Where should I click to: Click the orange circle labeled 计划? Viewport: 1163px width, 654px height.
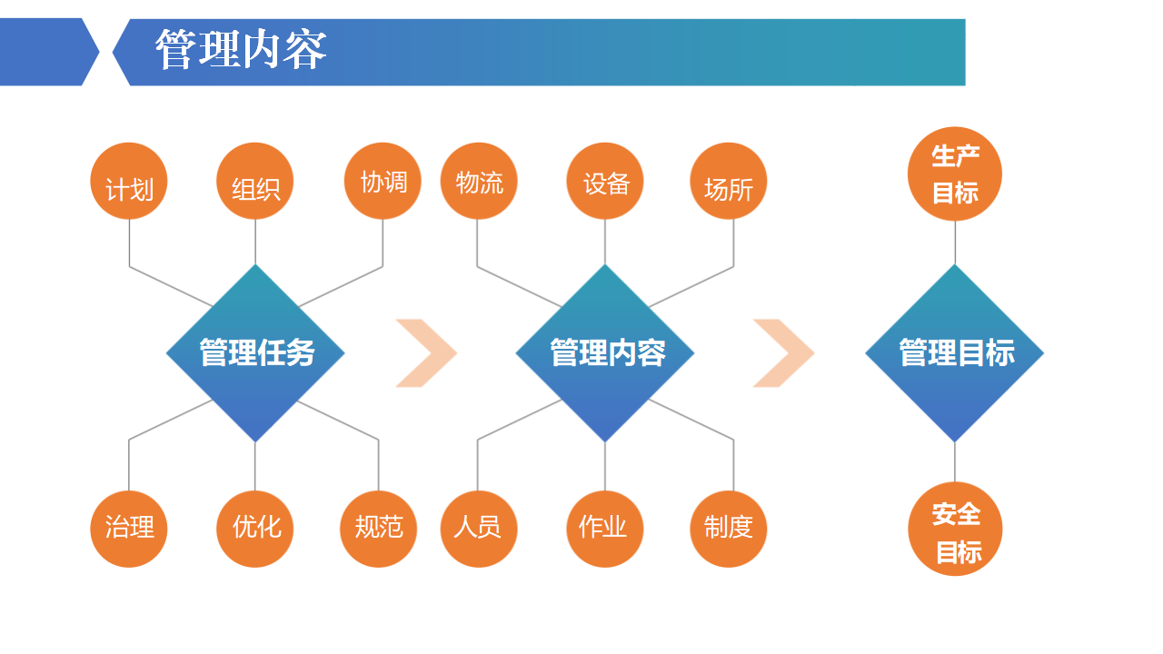[129, 182]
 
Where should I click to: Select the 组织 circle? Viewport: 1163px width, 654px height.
[255, 182]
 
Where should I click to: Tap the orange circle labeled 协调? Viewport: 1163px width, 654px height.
[383, 181]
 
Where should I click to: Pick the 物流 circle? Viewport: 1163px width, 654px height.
[478, 181]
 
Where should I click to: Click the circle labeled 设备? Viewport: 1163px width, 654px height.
[605, 181]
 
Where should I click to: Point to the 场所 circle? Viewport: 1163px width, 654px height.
[729, 181]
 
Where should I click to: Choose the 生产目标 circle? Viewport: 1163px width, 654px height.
[955, 173]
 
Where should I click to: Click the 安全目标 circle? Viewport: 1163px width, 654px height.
[955, 529]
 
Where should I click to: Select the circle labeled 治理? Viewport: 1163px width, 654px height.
[129, 529]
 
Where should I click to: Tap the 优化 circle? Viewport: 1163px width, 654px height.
[255, 529]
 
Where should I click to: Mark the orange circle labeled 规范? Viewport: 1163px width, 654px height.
[379, 529]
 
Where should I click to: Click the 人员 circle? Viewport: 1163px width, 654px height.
[478, 529]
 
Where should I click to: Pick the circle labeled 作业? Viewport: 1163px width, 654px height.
[605, 529]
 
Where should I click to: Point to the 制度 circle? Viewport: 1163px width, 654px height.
[729, 529]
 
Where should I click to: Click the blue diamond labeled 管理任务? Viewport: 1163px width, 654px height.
[255, 353]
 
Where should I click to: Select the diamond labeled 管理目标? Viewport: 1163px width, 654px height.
[955, 353]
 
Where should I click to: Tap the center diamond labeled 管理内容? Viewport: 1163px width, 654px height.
[605, 353]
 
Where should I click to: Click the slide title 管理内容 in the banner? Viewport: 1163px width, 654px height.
[241, 51]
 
